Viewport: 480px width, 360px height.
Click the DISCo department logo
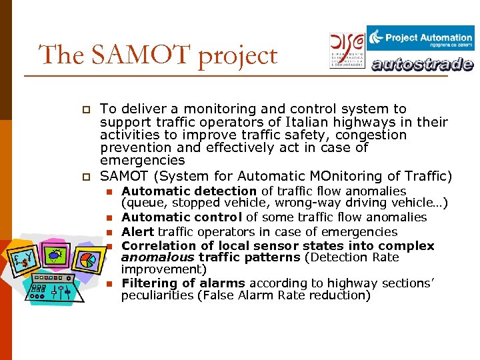click(347, 49)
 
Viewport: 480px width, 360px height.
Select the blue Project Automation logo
click(420, 38)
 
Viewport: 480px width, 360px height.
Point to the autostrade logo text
click(422, 65)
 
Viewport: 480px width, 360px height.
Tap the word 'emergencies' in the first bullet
click(142, 161)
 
